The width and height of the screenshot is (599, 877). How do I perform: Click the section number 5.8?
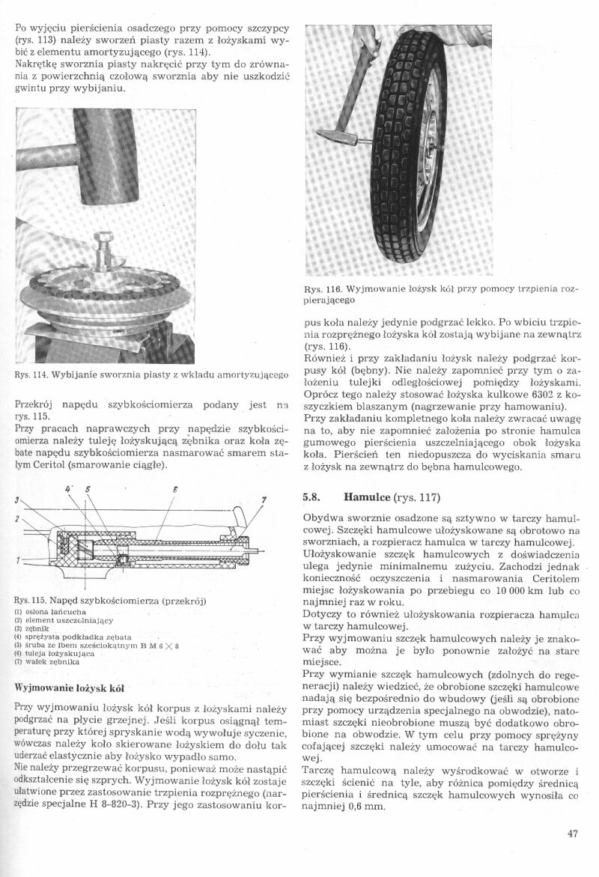click(313, 497)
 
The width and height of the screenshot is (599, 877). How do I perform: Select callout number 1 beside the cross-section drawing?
click(16, 558)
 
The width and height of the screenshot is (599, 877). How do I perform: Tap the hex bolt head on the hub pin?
click(103, 241)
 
